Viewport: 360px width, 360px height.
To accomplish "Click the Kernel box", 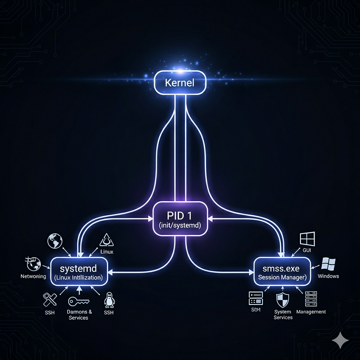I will click(180, 83).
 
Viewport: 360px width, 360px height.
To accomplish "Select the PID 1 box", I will click(180, 219).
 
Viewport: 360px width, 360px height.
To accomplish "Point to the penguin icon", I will click(108, 300).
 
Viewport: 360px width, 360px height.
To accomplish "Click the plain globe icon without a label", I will click(55, 241).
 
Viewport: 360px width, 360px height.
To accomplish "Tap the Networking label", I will click(33, 276).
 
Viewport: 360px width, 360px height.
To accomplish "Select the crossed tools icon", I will click(50, 299).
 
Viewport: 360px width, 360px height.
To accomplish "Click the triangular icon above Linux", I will click(107, 239).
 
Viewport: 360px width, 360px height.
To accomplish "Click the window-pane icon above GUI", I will click(307, 238).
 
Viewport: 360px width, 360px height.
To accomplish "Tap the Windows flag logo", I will click(328, 264).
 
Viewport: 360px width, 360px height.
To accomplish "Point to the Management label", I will click(311, 312).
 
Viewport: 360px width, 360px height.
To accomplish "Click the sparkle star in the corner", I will click(340, 340).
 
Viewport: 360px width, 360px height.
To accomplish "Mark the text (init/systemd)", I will click(180, 225).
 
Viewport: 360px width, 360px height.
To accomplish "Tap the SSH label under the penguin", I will click(108, 312).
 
